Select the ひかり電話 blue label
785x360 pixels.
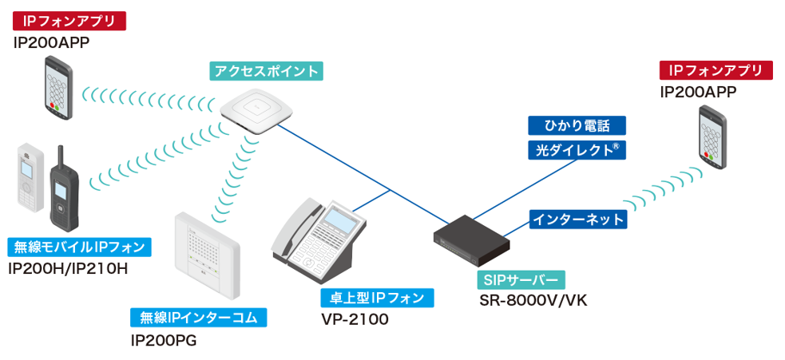(577, 125)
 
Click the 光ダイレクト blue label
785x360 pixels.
(577, 149)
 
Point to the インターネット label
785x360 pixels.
(577, 219)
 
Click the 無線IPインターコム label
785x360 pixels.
(198, 318)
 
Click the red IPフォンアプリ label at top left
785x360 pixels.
(69, 20)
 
